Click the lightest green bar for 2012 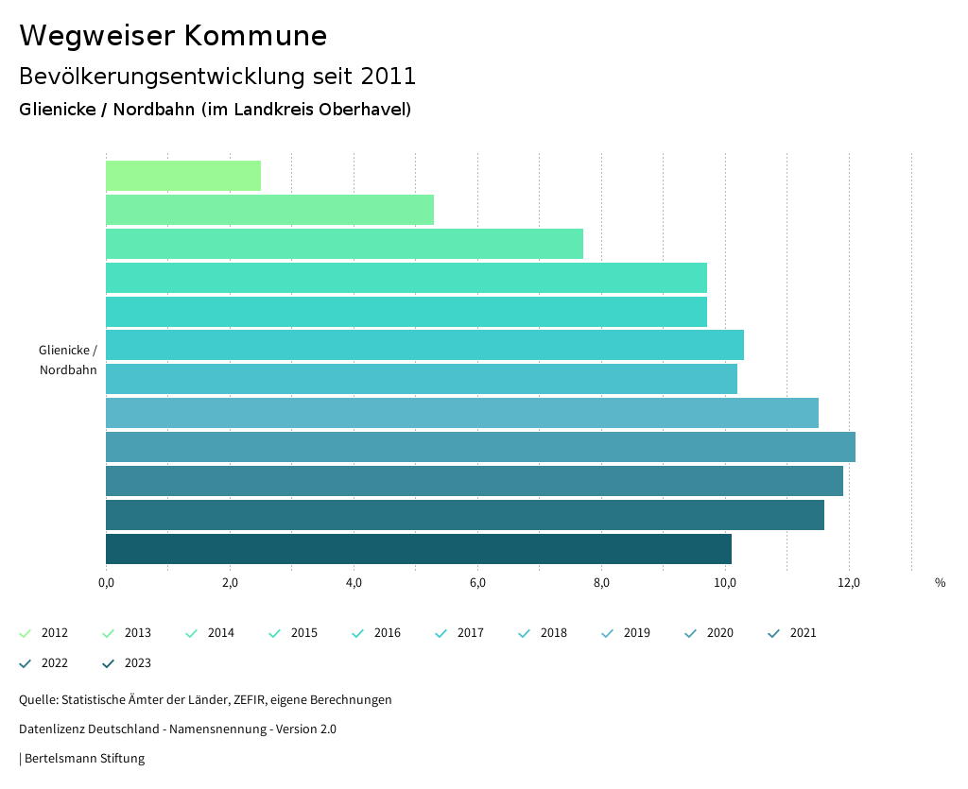point(183,176)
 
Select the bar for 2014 point(344,244)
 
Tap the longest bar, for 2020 point(480,447)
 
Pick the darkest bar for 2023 point(418,549)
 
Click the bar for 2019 point(461,413)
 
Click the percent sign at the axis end point(940,583)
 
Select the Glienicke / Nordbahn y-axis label point(68,360)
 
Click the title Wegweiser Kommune point(173,36)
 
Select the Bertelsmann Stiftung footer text point(84,759)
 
